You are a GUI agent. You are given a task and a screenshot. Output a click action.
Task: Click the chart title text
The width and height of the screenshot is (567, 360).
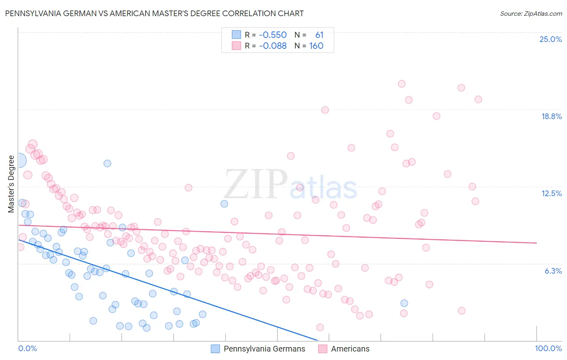coord(154,13)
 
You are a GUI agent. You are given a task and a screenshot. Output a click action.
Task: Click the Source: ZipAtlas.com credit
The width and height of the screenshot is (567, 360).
coord(531,14)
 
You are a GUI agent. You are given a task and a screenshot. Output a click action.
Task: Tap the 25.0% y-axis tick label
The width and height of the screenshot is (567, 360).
coord(550,39)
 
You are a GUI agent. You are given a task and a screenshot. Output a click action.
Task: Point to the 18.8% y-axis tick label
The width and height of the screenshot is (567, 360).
coord(551,116)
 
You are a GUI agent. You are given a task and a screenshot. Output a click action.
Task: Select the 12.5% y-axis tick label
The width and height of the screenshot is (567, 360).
coord(551,193)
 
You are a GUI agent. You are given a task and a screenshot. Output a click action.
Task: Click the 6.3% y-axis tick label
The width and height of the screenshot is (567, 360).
coord(553,271)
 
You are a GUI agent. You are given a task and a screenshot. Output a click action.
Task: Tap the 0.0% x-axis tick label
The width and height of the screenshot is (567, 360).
coord(27,348)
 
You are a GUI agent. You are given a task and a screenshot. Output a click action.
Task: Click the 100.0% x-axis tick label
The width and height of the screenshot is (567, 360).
coord(548,348)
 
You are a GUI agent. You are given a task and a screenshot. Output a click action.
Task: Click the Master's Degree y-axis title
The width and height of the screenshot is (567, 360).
coord(11,184)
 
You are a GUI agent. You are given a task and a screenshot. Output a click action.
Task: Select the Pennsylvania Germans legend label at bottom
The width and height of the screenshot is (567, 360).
coord(264,349)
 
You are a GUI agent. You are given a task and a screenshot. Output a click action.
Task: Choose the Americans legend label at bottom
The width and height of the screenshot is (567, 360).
coord(350,349)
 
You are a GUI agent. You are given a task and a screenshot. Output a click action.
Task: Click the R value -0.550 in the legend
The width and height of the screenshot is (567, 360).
coord(273,35)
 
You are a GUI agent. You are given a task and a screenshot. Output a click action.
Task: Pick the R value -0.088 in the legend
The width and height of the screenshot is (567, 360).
coord(273,46)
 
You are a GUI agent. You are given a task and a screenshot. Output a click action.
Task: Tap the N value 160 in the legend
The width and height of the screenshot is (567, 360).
coord(316,46)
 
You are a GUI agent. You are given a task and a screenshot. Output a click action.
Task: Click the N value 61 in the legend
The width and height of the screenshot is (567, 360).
coord(319,35)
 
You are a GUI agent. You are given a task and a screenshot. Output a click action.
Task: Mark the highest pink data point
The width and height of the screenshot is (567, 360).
coord(402,84)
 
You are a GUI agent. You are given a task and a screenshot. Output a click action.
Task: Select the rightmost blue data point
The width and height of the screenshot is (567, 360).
coord(404,303)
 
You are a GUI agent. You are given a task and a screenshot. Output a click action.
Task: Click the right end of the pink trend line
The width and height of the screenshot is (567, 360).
coord(536,243)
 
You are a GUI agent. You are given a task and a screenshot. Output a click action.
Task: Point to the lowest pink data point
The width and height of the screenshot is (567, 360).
coord(320,327)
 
